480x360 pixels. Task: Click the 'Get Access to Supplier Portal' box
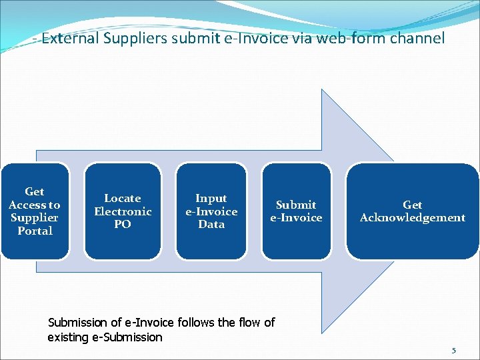(x=35, y=211)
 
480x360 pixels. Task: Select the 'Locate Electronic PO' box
(x=123, y=211)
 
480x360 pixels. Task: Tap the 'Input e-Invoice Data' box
(x=211, y=211)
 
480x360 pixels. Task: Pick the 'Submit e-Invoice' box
(x=296, y=211)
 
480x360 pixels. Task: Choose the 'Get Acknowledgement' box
(x=413, y=211)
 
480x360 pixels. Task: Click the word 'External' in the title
(x=70, y=38)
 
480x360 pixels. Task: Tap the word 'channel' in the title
(x=417, y=38)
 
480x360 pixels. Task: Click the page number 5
(x=454, y=351)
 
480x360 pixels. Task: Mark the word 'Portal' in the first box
(x=35, y=231)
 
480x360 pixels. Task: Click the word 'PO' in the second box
(x=123, y=224)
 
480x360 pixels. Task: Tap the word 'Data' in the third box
(x=211, y=224)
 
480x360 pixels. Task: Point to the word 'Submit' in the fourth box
(x=296, y=205)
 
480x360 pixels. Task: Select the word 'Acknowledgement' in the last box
(x=413, y=218)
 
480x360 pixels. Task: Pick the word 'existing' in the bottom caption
(x=67, y=337)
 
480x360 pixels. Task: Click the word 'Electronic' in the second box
(x=123, y=211)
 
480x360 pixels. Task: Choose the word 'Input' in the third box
(x=211, y=199)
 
